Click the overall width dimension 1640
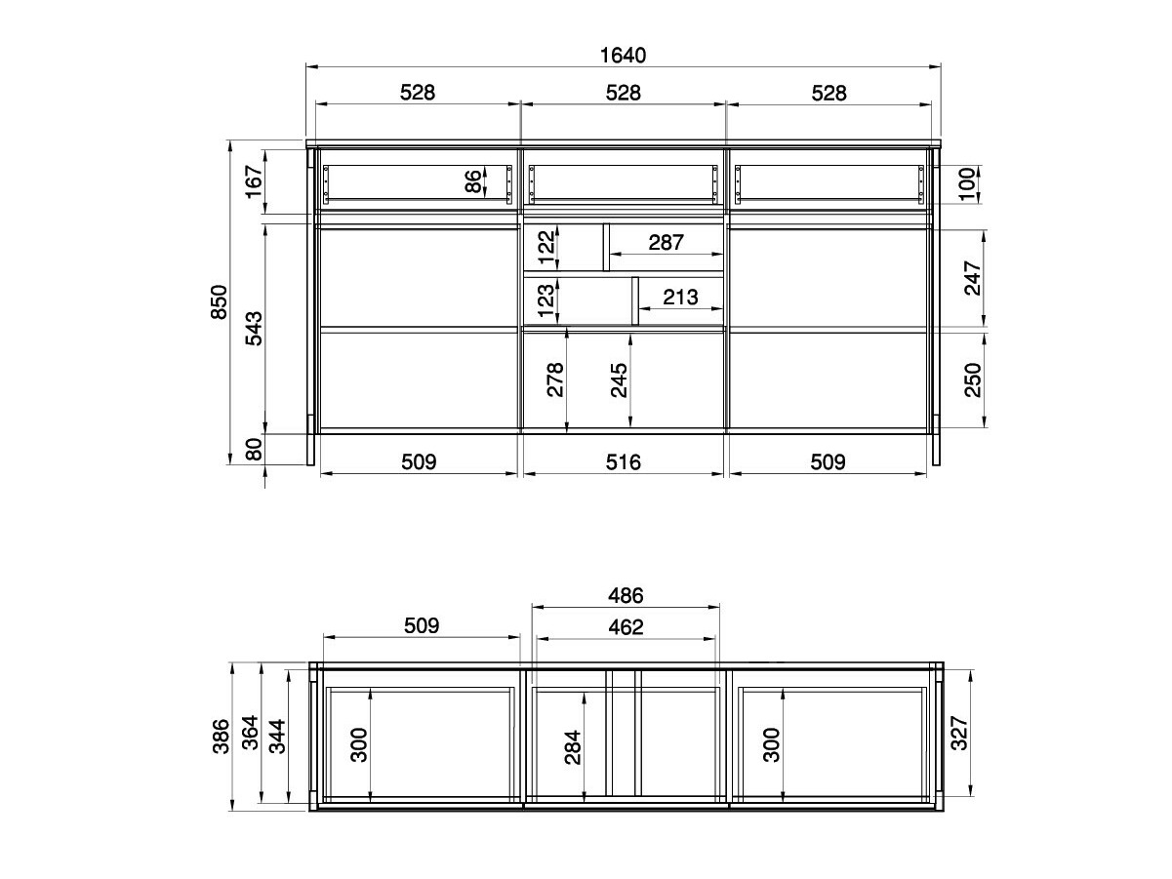[x=623, y=56]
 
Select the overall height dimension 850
[x=220, y=302]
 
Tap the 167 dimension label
[x=254, y=181]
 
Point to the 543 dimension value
[x=254, y=328]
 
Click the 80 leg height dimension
[x=254, y=449]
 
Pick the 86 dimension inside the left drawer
[x=473, y=181]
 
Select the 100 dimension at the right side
[x=967, y=183]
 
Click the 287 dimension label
[x=666, y=243]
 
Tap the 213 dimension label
[x=680, y=298]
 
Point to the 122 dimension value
[x=546, y=247]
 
